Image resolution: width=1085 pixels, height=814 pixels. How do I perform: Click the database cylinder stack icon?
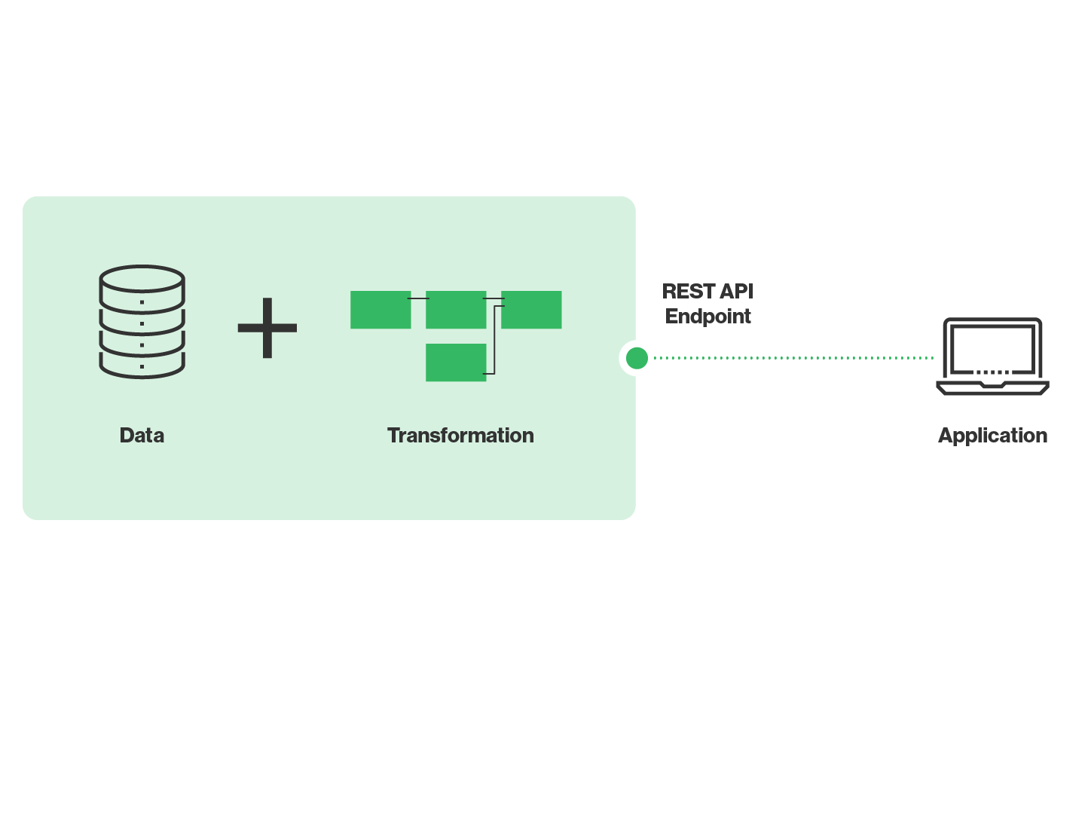pos(142,321)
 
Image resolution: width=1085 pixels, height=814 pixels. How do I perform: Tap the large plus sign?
pos(267,328)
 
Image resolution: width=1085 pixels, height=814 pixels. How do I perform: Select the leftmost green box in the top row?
pos(381,310)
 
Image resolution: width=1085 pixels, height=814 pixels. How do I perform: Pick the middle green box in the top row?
pos(456,310)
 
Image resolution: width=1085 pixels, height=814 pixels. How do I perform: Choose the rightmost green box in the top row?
pos(532,310)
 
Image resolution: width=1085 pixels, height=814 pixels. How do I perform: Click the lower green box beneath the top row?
pos(456,363)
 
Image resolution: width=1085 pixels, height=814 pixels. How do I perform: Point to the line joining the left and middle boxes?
pos(418,298)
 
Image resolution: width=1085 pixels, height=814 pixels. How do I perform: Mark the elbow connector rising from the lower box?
pos(494,339)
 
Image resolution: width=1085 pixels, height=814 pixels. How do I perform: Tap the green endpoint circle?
pos(637,358)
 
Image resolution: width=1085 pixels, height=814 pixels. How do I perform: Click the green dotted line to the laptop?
pos(791,358)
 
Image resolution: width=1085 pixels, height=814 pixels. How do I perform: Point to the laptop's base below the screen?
pos(992,387)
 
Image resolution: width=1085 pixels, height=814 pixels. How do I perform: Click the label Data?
pos(142,436)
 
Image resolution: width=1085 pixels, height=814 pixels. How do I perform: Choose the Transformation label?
pos(460,436)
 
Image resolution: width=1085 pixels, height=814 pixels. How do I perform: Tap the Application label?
pos(992,436)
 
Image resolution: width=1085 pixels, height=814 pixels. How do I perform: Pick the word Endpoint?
pos(708,317)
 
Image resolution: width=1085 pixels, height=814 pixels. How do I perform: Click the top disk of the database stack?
pos(142,280)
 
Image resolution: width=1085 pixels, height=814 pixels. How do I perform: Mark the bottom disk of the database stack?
pos(142,366)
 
